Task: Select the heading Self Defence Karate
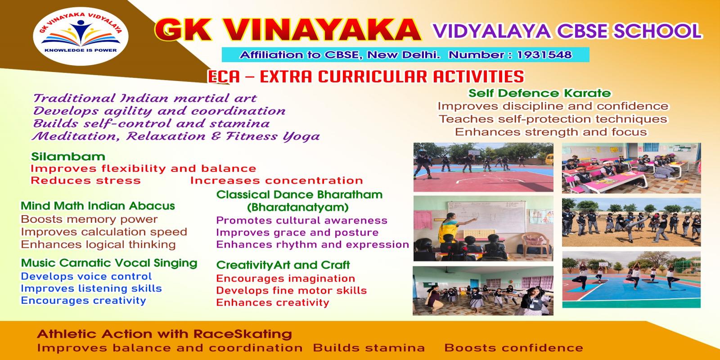tap(540, 94)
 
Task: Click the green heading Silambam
tap(68, 157)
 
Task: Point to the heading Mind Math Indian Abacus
tap(98, 206)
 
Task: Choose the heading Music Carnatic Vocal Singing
tap(109, 263)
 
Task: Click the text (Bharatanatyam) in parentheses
tap(298, 207)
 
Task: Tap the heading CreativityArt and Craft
tap(283, 265)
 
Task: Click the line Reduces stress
tap(85, 180)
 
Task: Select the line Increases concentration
tap(276, 180)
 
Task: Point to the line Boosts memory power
tap(89, 220)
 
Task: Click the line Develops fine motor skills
tap(291, 291)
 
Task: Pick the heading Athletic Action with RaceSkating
tap(164, 334)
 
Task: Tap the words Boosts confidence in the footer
tap(513, 348)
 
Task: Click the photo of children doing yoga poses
tap(631, 280)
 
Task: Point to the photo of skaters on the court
tap(483, 167)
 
